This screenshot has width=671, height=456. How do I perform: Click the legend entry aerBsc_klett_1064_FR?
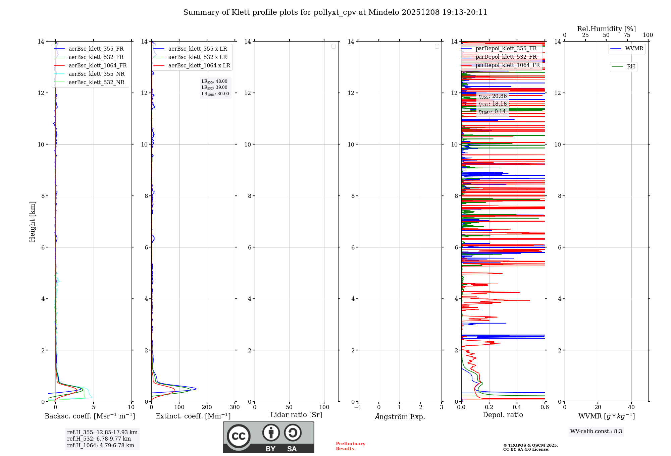pyautogui.click(x=98, y=66)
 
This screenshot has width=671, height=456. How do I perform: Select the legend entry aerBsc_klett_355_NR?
pyautogui.click(x=96, y=74)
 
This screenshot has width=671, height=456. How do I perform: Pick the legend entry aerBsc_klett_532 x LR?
pyautogui.click(x=197, y=57)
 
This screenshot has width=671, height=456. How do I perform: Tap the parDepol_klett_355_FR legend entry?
pyautogui.click(x=506, y=49)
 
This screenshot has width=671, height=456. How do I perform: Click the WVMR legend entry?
pyautogui.click(x=634, y=49)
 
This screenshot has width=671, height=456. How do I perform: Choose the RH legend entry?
pyautogui.click(x=631, y=67)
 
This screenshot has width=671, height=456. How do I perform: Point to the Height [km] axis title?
pyautogui.click(x=32, y=222)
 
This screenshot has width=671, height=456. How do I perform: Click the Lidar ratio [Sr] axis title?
pyautogui.click(x=296, y=415)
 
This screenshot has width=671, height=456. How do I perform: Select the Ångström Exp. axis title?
pyautogui.click(x=400, y=417)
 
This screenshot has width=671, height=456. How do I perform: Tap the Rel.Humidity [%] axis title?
pyautogui.click(x=606, y=29)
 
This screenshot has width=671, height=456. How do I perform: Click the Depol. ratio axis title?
pyautogui.click(x=503, y=415)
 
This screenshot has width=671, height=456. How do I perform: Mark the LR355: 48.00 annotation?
pyautogui.click(x=214, y=81)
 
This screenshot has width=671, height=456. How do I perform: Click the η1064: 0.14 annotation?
pyautogui.click(x=492, y=112)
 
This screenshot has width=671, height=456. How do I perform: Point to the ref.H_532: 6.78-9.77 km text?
pyautogui.click(x=99, y=439)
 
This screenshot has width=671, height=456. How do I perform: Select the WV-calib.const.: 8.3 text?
pyautogui.click(x=596, y=432)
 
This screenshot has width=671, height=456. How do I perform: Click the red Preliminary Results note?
pyautogui.click(x=350, y=446)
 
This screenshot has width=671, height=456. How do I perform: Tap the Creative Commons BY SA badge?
pyautogui.click(x=268, y=437)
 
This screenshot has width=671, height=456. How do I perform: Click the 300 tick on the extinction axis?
pyautogui.click(x=235, y=407)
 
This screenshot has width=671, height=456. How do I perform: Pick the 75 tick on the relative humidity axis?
pyautogui.click(x=627, y=35)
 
